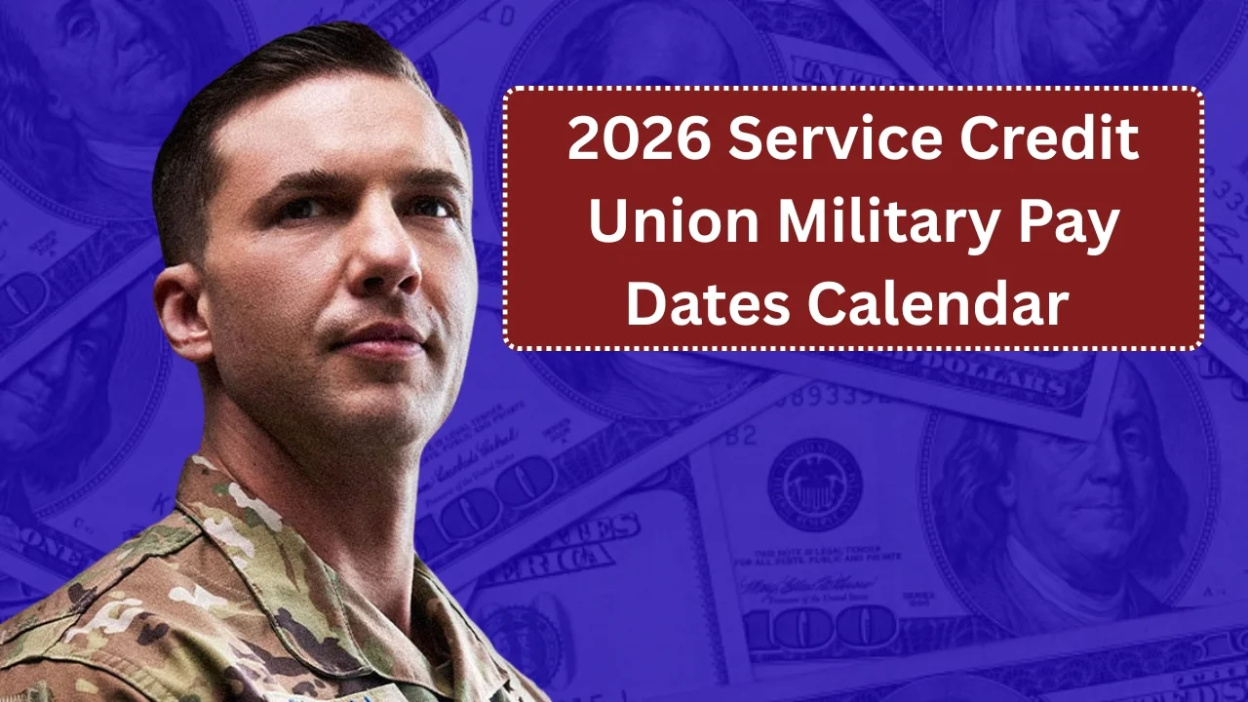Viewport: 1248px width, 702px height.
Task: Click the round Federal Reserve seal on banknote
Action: pyautogui.click(x=814, y=485)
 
